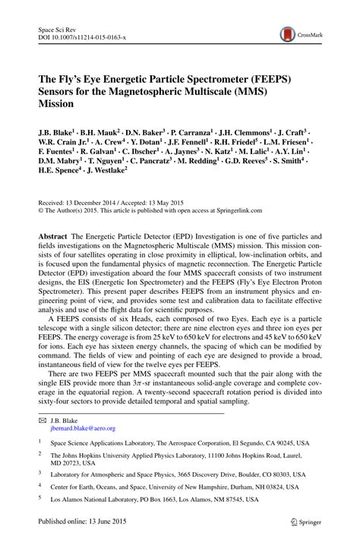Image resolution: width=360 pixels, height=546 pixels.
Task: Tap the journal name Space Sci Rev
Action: pyautogui.click(x=58, y=28)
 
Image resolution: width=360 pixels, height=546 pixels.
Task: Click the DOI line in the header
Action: pyautogui.click(x=81, y=36)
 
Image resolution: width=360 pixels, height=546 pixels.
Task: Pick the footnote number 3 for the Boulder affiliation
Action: pyautogui.click(x=39, y=472)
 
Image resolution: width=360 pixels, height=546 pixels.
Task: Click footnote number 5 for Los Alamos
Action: pyautogui.click(x=39, y=500)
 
